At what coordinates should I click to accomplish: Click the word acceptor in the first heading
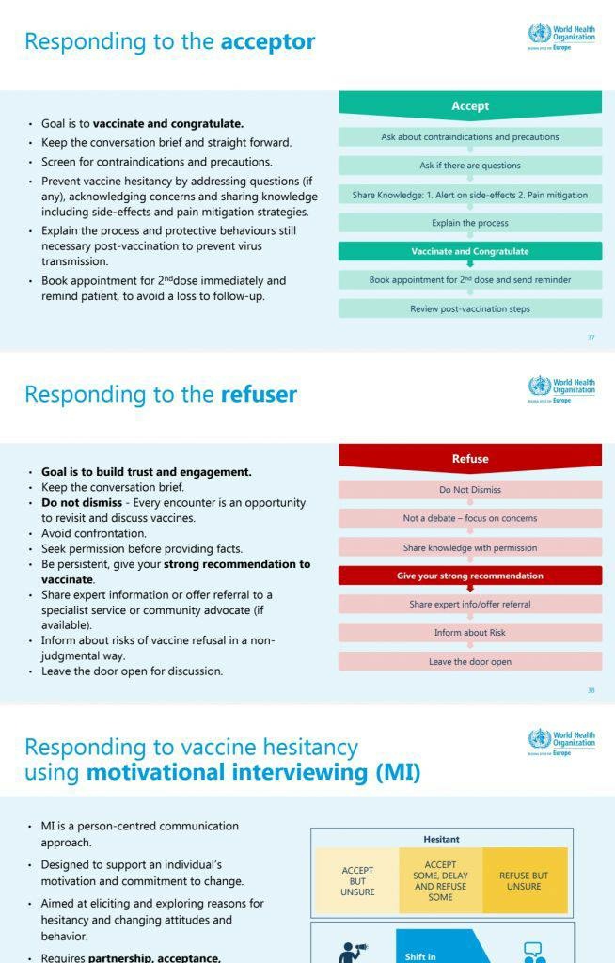coord(267,42)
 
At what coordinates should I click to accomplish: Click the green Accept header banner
coord(470,106)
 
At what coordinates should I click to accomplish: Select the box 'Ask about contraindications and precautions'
coord(470,137)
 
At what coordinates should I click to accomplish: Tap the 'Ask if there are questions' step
coord(470,166)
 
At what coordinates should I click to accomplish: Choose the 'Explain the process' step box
coord(470,223)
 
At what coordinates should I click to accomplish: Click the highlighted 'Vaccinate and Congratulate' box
coord(470,251)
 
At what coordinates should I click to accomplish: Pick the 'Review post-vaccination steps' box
coord(470,308)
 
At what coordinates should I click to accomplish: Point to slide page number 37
coord(591,338)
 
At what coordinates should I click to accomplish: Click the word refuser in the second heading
coord(259,395)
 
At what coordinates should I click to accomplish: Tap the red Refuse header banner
coord(470,459)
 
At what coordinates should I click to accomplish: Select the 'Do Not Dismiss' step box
coord(470,490)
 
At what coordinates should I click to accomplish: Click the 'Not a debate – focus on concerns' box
coord(470,518)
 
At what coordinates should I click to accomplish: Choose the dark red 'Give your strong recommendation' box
coord(470,576)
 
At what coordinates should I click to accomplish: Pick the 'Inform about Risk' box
coord(470,633)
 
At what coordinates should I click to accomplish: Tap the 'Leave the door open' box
coord(470,662)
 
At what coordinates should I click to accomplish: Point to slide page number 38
coord(591,690)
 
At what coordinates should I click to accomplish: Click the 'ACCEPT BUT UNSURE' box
coord(357,881)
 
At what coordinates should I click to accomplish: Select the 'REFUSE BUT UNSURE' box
coord(524,881)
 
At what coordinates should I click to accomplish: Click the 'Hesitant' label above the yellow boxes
coord(441,839)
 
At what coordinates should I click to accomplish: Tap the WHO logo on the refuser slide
coord(561,388)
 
